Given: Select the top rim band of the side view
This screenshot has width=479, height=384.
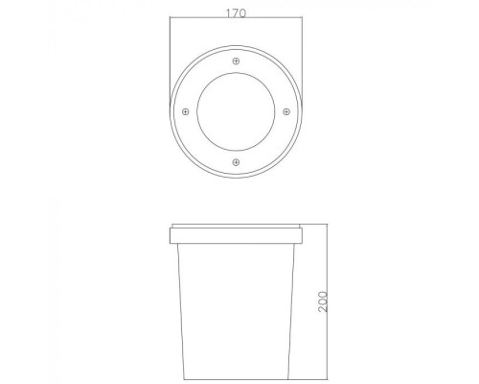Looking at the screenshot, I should [236, 233].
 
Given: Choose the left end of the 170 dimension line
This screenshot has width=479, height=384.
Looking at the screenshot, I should [171, 25].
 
